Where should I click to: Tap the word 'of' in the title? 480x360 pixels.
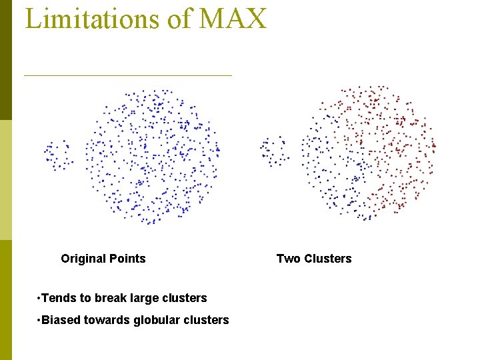tap(179, 18)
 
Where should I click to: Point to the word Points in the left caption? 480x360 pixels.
tap(128, 259)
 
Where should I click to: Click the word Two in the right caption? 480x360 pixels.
tap(288, 259)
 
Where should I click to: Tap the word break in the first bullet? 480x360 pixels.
tap(109, 298)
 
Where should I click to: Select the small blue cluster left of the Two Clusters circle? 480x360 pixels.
tap(274, 151)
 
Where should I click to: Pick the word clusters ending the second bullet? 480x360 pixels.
tap(205, 320)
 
